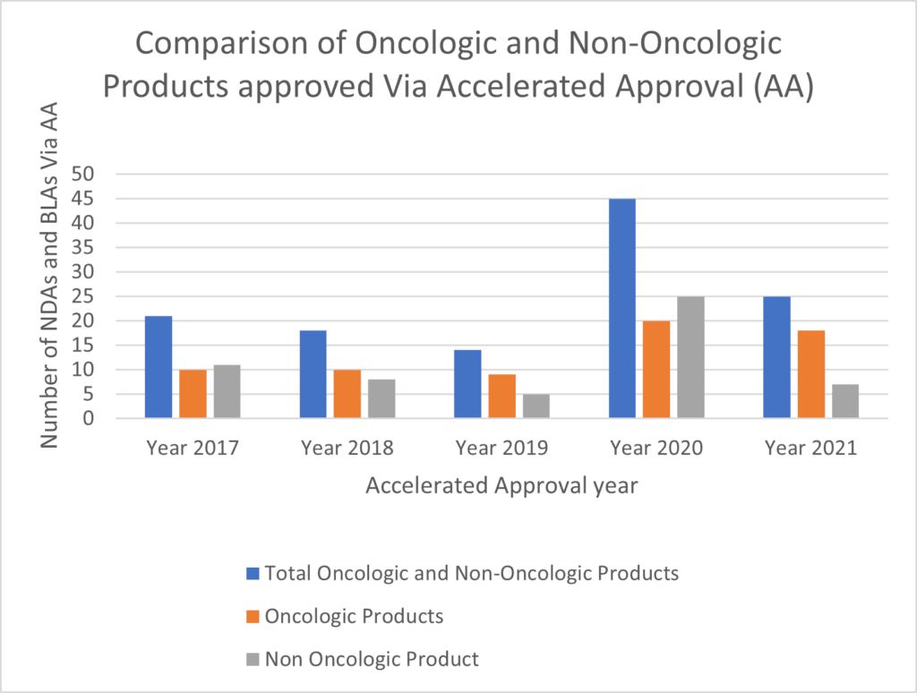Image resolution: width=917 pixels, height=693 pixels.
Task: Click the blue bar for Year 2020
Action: pos(622,308)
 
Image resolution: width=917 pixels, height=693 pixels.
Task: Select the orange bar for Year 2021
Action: pos(810,373)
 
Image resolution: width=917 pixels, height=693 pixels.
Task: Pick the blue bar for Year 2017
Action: pos(159,366)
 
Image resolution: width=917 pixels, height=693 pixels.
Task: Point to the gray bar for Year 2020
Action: pos(690,356)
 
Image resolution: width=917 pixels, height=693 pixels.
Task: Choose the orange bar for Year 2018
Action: pos(347,393)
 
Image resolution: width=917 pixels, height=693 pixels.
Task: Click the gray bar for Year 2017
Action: pos(227,391)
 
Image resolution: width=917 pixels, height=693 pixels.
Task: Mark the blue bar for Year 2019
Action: pos(467,383)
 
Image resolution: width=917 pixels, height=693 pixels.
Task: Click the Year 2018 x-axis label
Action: pos(347,448)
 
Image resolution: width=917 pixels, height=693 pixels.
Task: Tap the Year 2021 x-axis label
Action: pos(810,448)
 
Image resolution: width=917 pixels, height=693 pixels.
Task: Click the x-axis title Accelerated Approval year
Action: pos(501,486)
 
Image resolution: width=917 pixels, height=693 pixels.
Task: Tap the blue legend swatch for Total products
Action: pos(253,573)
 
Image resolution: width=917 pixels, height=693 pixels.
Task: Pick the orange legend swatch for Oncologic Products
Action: pos(253,616)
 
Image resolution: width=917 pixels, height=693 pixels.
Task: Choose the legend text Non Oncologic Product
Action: pos(373,659)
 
